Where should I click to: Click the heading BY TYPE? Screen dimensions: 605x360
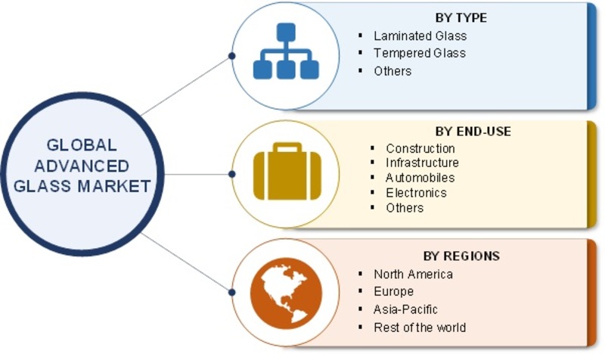461,17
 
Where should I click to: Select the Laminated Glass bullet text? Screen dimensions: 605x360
420,36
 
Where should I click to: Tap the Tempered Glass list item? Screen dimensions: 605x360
420,53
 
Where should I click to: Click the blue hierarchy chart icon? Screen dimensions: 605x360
286,51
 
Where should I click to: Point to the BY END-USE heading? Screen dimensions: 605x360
473,132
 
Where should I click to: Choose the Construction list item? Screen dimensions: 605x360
420,148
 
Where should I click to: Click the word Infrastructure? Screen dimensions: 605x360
422,163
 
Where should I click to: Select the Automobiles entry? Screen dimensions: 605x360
420,178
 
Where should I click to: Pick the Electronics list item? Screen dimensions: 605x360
416,193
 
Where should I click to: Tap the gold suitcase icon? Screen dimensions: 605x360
287,172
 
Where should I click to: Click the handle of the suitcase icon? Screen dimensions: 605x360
287,147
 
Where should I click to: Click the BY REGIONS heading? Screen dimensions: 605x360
461,256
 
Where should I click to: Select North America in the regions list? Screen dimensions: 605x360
413,275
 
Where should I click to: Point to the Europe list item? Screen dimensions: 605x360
393,291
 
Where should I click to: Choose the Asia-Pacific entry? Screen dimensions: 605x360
405,309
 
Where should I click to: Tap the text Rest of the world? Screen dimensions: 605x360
420,327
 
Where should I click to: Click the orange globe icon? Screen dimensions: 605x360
286,293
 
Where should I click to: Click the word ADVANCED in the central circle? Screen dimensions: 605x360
82,166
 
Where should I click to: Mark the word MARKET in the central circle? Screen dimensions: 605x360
114,186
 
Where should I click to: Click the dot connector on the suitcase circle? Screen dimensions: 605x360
232,175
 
